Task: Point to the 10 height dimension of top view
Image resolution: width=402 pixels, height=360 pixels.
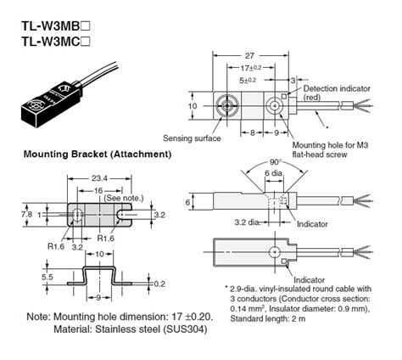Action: coord(193,108)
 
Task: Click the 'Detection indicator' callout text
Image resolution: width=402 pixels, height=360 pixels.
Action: coord(332,88)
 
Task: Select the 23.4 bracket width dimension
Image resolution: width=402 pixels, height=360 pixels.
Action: coord(99,179)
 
